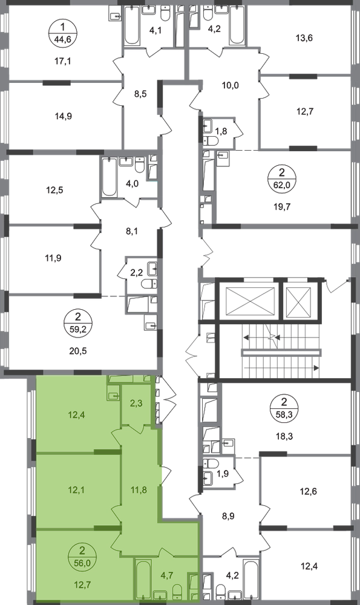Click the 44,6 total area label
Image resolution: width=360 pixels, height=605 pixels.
(63, 39)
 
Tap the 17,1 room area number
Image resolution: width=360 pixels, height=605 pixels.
(63, 60)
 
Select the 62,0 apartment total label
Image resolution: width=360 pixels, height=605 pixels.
(284, 185)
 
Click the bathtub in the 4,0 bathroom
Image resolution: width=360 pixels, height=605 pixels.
(108, 177)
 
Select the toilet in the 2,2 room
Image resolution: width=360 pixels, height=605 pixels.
(149, 284)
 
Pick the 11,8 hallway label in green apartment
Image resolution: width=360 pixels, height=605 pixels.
(139, 490)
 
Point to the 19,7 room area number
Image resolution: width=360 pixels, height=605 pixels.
(282, 206)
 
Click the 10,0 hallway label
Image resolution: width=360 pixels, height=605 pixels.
(231, 85)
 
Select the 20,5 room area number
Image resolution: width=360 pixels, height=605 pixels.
(78, 351)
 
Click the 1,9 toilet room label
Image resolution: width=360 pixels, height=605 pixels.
(223, 473)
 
